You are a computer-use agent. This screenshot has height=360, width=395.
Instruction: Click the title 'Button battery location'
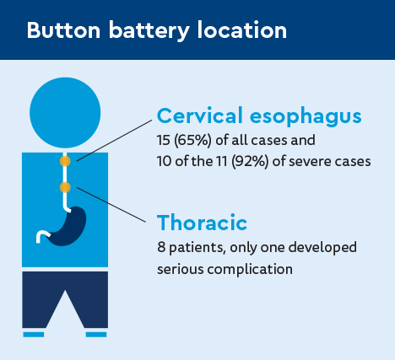pos(156,30)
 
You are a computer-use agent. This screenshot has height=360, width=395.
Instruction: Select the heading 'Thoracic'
pos(202,223)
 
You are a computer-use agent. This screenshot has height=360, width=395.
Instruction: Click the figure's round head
pos(65,110)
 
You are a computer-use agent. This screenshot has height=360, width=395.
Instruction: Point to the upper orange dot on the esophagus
pos(65,160)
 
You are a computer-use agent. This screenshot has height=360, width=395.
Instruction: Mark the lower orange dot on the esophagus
pos(65,186)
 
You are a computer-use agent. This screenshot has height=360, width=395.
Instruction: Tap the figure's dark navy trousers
pos(65,295)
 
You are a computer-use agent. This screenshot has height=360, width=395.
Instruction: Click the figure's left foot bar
pos(33,335)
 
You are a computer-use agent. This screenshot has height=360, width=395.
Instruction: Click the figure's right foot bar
pos(96,335)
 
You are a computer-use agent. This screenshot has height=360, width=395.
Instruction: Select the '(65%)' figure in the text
pos(192,139)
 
